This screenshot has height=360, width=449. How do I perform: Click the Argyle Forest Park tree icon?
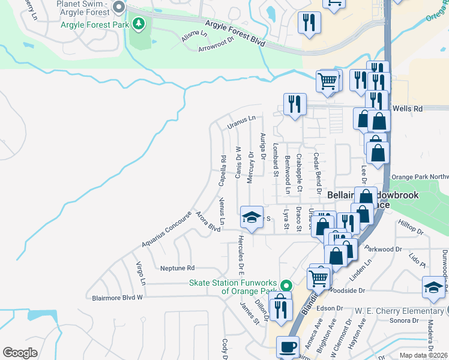tap(139, 24)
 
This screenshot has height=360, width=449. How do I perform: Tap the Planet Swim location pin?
tap(118, 8)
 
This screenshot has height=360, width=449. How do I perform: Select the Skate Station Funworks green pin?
tap(286, 286)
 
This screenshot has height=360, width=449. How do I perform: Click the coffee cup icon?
tap(288, 347)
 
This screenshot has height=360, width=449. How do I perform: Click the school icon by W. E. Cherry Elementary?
tap(433, 287)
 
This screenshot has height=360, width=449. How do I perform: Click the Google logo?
tap(20, 353)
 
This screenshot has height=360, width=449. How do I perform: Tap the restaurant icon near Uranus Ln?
tap(295, 104)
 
